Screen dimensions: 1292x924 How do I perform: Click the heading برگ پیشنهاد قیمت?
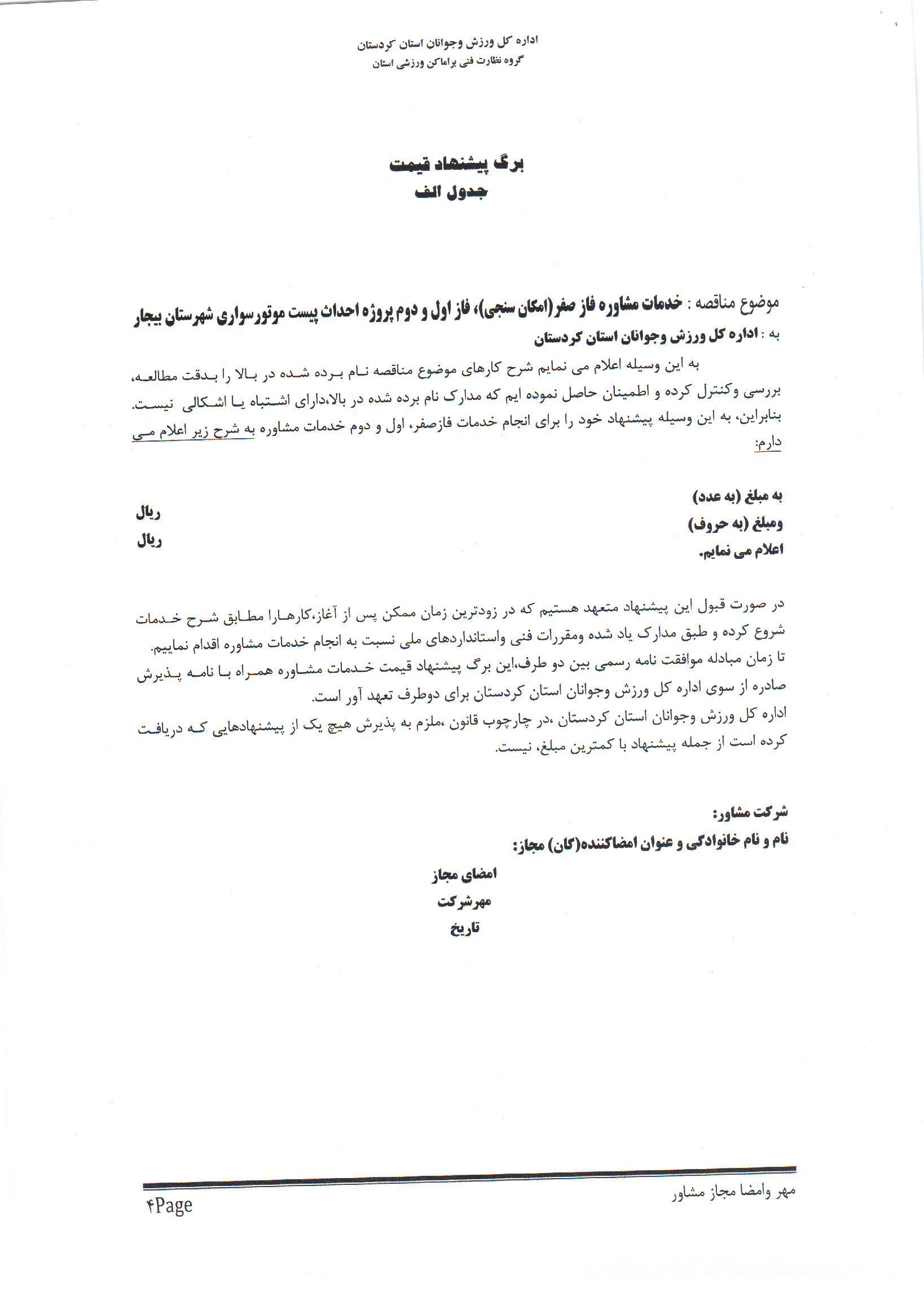pyautogui.click(x=456, y=164)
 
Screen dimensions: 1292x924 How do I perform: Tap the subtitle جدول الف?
pyautogui.click(x=451, y=192)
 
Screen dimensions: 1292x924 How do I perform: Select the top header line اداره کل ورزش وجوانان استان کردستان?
pyautogui.click(x=447, y=43)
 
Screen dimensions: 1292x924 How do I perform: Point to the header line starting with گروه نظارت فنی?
pyautogui.click(x=447, y=61)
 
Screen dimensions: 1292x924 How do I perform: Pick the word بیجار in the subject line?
pyautogui.click(x=149, y=316)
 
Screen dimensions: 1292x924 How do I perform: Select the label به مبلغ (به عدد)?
pyautogui.click(x=737, y=496)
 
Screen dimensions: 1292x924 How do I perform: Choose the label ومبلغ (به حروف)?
pyautogui.click(x=735, y=524)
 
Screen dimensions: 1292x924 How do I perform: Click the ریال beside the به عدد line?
pyautogui.click(x=148, y=514)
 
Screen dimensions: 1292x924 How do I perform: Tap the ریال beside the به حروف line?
pyautogui.click(x=149, y=540)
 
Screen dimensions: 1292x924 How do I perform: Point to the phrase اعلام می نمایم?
pyautogui.click(x=741, y=550)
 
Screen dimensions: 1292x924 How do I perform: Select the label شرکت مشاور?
pyautogui.click(x=750, y=813)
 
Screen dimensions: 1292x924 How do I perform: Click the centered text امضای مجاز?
pyautogui.click(x=464, y=874)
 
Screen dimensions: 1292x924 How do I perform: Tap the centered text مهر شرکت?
pyautogui.click(x=464, y=902)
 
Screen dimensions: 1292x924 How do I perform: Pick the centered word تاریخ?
pyautogui.click(x=465, y=929)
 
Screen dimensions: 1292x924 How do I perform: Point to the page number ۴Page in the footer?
pyautogui.click(x=170, y=1205)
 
